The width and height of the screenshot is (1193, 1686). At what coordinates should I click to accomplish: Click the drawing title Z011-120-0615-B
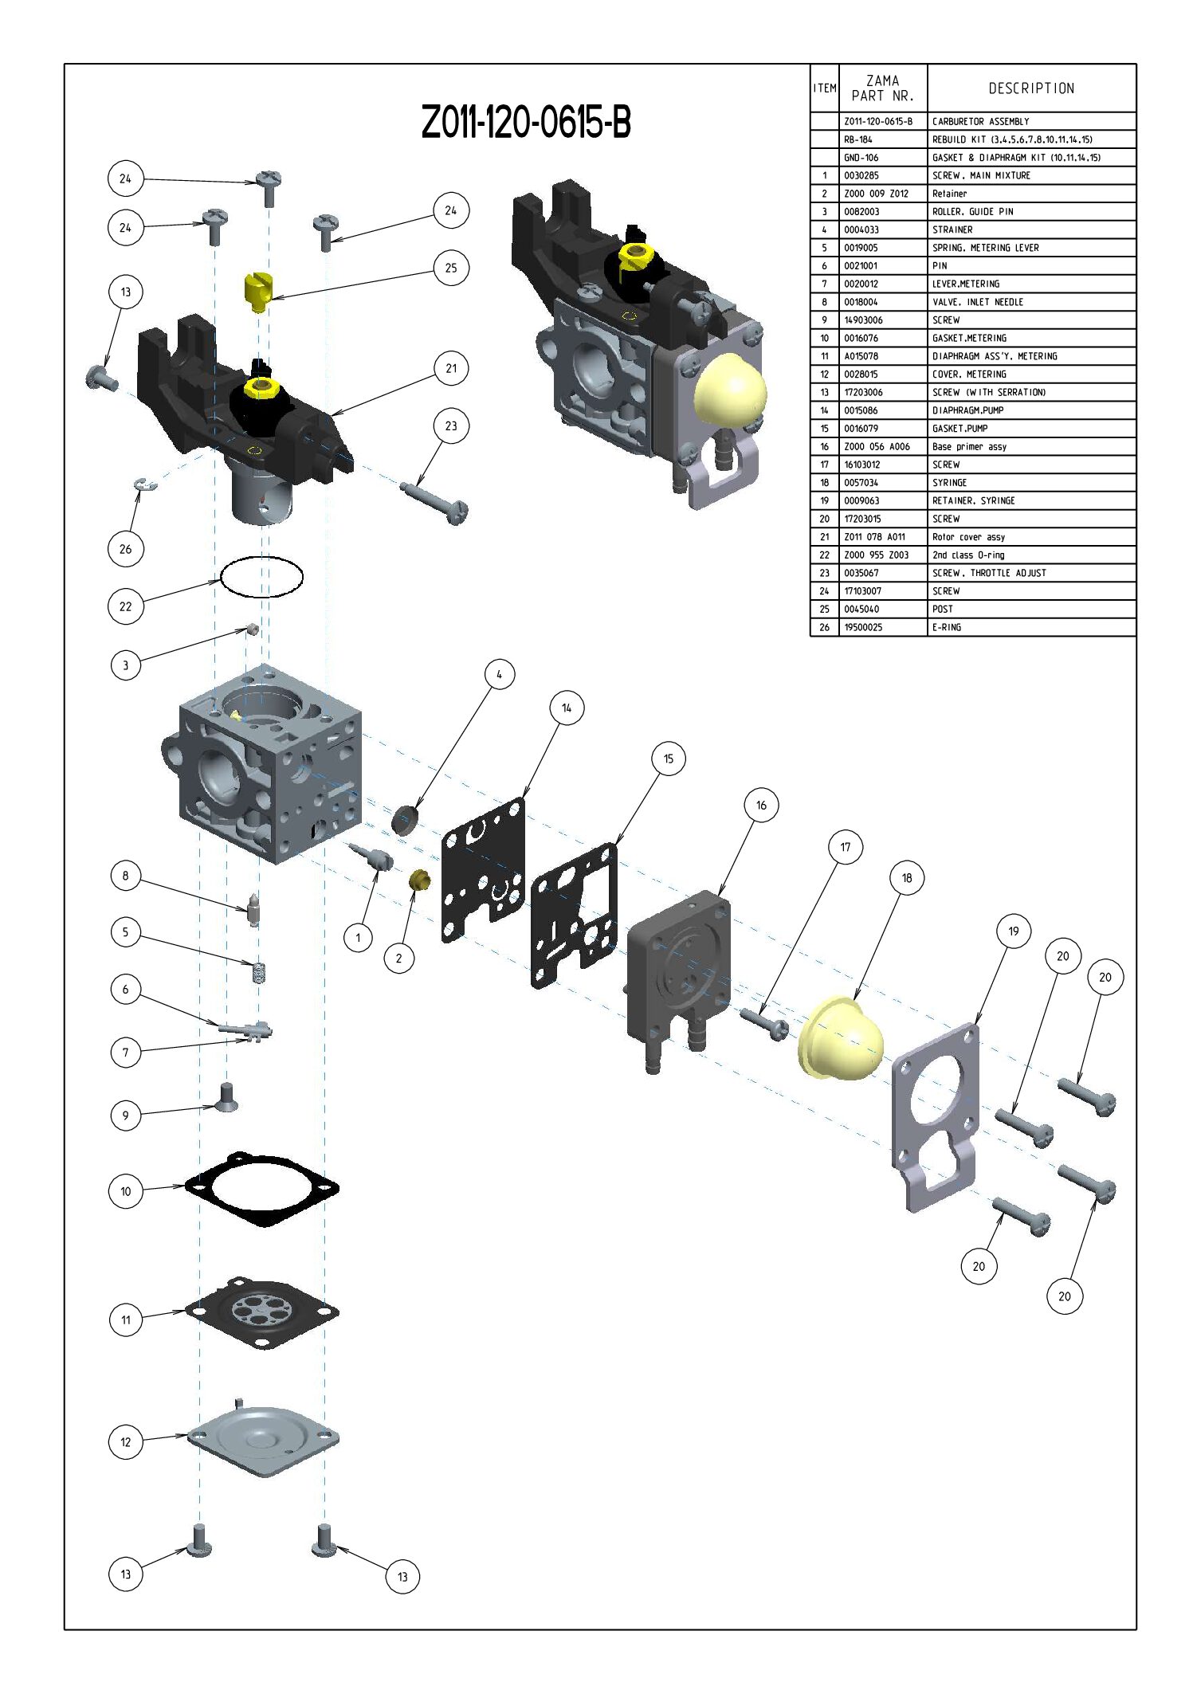(x=526, y=123)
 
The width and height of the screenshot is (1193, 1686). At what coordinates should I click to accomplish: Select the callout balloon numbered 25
(x=451, y=268)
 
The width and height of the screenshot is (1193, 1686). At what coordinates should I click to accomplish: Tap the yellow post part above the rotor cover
(x=256, y=292)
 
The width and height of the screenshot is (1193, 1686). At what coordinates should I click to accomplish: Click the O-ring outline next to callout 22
(x=262, y=576)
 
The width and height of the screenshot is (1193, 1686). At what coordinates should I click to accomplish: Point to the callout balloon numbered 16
(x=761, y=805)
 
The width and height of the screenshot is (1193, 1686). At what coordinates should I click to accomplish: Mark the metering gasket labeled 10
(x=262, y=1188)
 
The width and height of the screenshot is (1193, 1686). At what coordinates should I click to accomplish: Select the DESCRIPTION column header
(x=1031, y=88)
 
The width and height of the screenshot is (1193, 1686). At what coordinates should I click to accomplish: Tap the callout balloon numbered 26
(x=125, y=549)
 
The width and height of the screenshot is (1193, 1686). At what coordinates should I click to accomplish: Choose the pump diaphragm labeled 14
(x=484, y=870)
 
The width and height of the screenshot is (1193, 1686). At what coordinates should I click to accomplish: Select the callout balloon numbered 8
(x=125, y=876)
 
